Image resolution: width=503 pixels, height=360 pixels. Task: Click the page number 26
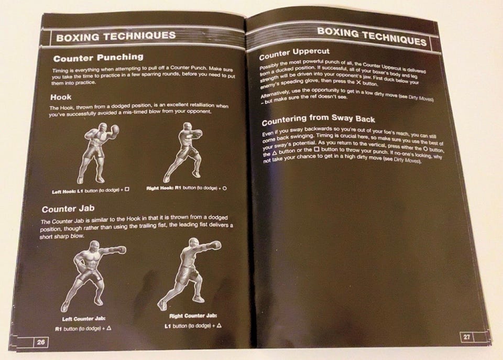[41, 342]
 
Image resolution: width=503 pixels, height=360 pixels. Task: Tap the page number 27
[467, 337]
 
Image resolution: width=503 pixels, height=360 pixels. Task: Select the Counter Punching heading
[99, 58]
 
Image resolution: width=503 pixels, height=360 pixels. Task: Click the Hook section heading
[61, 97]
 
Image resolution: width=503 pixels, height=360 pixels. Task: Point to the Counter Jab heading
[68, 209]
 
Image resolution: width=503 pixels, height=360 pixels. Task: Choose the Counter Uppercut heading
[294, 54]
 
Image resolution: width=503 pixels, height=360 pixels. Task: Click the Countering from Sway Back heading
[318, 119]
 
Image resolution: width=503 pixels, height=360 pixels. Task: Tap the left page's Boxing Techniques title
[116, 36]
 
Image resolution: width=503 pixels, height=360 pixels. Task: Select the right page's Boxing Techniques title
[372, 36]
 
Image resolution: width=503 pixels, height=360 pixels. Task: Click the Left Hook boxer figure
[97, 154]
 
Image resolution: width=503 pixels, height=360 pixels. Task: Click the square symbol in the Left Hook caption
[127, 190]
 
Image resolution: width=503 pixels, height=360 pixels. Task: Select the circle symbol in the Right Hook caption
[225, 188]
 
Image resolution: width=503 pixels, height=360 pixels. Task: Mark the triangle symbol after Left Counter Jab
[109, 328]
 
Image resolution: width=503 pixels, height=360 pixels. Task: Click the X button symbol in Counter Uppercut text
[358, 82]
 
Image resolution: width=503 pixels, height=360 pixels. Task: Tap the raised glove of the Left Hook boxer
[114, 129]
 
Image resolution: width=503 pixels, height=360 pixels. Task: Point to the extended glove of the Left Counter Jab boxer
[121, 249]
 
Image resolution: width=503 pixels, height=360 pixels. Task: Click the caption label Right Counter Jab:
[193, 316]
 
